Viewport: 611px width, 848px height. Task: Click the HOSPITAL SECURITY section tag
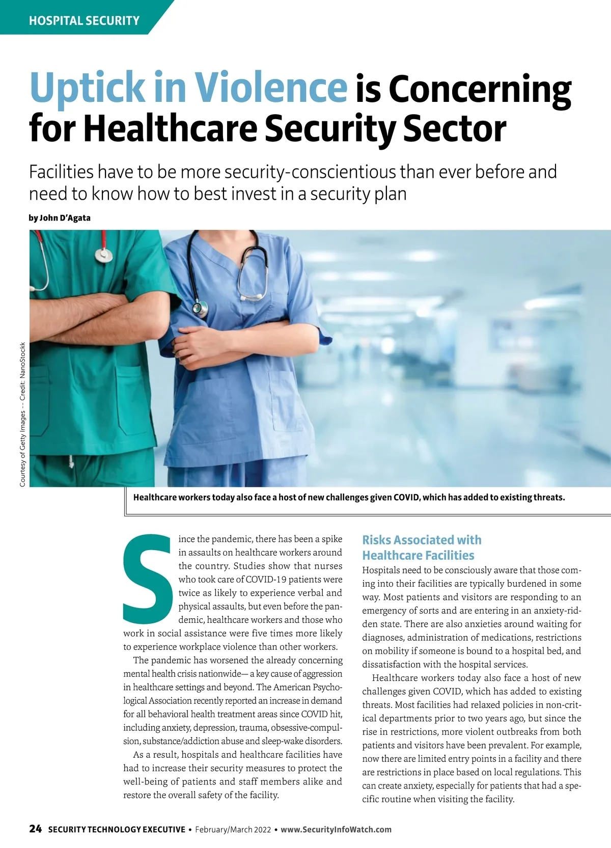[84, 21]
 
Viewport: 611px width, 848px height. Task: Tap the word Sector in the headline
[455, 128]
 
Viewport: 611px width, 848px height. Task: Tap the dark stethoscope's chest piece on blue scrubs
[200, 308]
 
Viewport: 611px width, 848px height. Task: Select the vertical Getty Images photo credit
[22, 414]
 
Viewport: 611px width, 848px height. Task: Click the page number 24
[35, 829]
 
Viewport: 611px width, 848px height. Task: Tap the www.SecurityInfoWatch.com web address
[336, 830]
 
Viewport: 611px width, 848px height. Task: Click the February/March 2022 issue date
[233, 830]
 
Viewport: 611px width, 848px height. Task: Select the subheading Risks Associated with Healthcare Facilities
[421, 548]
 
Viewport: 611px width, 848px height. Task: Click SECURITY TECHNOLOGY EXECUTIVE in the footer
[117, 830]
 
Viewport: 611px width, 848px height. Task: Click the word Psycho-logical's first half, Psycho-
[320, 687]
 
